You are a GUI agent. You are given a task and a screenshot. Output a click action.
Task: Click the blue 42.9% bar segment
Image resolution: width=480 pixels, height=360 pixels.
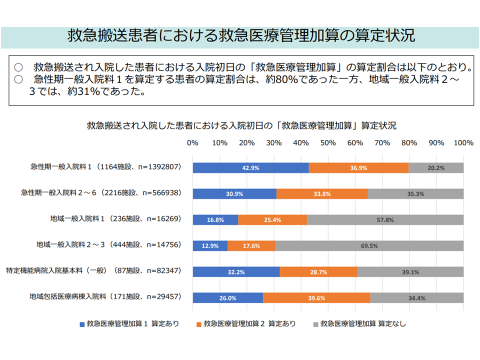point(250,168)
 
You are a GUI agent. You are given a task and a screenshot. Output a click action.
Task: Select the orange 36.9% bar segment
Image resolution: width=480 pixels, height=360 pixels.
point(358,168)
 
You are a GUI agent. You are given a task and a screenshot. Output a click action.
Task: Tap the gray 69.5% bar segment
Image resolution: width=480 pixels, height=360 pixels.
point(369,245)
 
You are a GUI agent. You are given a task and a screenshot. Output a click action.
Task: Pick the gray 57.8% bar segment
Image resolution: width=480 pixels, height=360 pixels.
point(385,219)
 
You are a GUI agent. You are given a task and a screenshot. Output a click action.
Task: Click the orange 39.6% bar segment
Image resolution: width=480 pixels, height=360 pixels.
point(316,297)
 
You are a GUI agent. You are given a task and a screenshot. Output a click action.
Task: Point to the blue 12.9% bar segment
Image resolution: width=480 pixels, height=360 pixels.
point(210,245)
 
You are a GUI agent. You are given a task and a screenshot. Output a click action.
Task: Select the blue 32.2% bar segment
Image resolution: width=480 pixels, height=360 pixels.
point(236,271)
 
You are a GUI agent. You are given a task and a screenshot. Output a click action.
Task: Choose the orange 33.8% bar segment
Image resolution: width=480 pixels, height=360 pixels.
point(322,193)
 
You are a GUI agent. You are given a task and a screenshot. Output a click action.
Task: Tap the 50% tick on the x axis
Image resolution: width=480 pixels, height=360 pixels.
point(328,143)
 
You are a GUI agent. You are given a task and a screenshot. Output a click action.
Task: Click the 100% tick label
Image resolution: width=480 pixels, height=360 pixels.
point(463,143)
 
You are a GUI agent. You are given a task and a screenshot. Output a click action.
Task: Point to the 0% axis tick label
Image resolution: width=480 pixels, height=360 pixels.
point(192,143)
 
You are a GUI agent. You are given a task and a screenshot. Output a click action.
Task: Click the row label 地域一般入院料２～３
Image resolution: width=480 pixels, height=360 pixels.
point(108,245)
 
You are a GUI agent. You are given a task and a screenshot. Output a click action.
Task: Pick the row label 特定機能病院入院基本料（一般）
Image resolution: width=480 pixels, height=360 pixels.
point(93,271)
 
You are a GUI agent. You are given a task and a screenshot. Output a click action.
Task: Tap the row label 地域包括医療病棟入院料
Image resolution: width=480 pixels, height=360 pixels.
point(104,297)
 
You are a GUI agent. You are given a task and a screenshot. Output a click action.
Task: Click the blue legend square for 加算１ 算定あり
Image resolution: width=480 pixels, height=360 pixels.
point(82,324)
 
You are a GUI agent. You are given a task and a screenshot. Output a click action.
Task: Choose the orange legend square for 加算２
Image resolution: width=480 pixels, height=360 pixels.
point(198,324)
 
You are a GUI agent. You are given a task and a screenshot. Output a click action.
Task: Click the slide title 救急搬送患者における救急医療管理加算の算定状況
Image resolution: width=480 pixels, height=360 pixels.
point(240,36)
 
